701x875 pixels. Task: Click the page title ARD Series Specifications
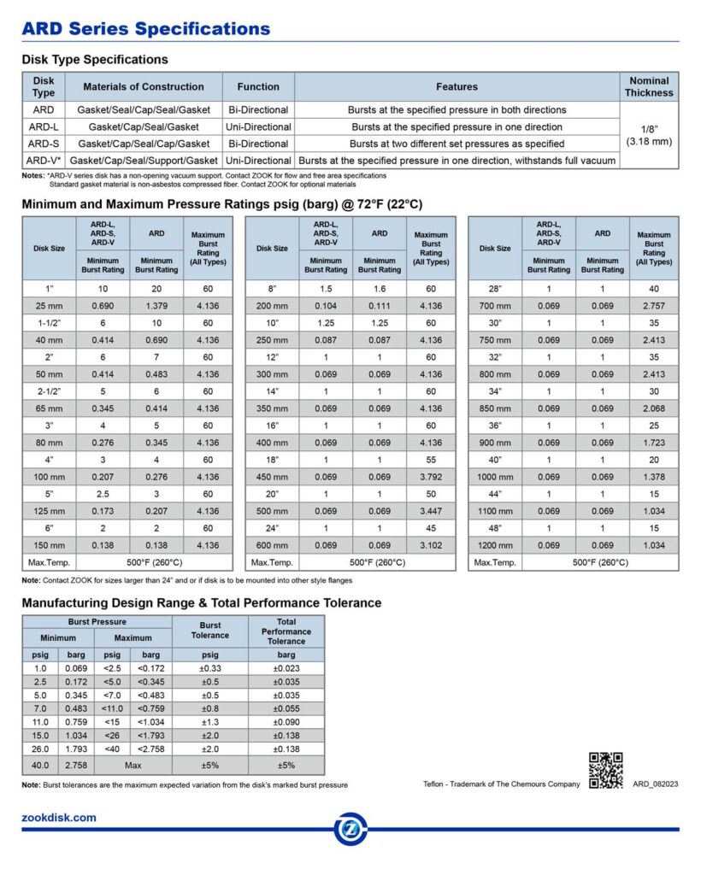click(x=145, y=29)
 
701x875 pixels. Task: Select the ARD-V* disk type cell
click(x=43, y=161)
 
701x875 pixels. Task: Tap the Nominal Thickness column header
click(x=649, y=86)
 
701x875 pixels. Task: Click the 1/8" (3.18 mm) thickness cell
click(x=649, y=135)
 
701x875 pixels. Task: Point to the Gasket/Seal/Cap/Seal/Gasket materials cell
click(x=143, y=110)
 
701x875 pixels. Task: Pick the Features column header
click(x=457, y=86)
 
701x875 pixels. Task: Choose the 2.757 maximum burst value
click(x=654, y=306)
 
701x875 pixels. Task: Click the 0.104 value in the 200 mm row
click(x=326, y=306)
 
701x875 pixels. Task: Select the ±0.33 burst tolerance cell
click(x=210, y=669)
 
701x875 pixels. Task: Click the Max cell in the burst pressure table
click(x=133, y=766)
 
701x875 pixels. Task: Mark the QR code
click(x=605, y=770)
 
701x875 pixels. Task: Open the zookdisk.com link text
click(x=59, y=818)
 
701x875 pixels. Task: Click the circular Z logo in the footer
click(x=350, y=828)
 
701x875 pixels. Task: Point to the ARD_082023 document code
click(x=655, y=784)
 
